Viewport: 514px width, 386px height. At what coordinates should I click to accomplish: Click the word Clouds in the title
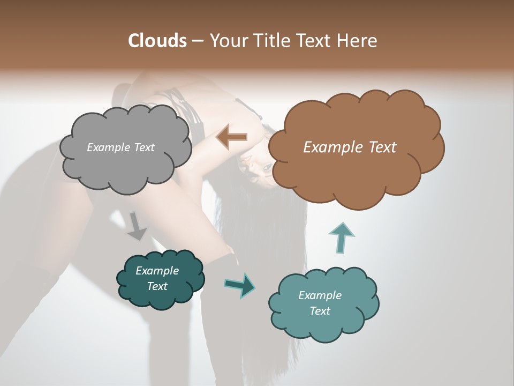pyautogui.click(x=157, y=41)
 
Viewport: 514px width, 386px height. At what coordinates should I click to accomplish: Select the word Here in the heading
pyautogui.click(x=357, y=41)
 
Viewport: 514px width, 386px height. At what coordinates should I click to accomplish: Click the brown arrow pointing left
pyautogui.click(x=232, y=137)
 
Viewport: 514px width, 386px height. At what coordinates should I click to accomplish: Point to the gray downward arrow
pyautogui.click(x=137, y=226)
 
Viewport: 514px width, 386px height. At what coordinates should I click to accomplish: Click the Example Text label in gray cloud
pyautogui.click(x=120, y=147)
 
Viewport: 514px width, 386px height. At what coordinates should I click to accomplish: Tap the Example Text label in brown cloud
pyautogui.click(x=350, y=147)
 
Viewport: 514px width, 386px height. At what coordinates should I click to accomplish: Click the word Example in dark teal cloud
pyautogui.click(x=157, y=271)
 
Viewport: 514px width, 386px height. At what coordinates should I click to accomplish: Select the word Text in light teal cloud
pyautogui.click(x=320, y=311)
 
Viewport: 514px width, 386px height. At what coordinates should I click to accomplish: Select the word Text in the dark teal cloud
pyautogui.click(x=157, y=286)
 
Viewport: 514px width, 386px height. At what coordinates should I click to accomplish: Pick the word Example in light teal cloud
pyautogui.click(x=320, y=295)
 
